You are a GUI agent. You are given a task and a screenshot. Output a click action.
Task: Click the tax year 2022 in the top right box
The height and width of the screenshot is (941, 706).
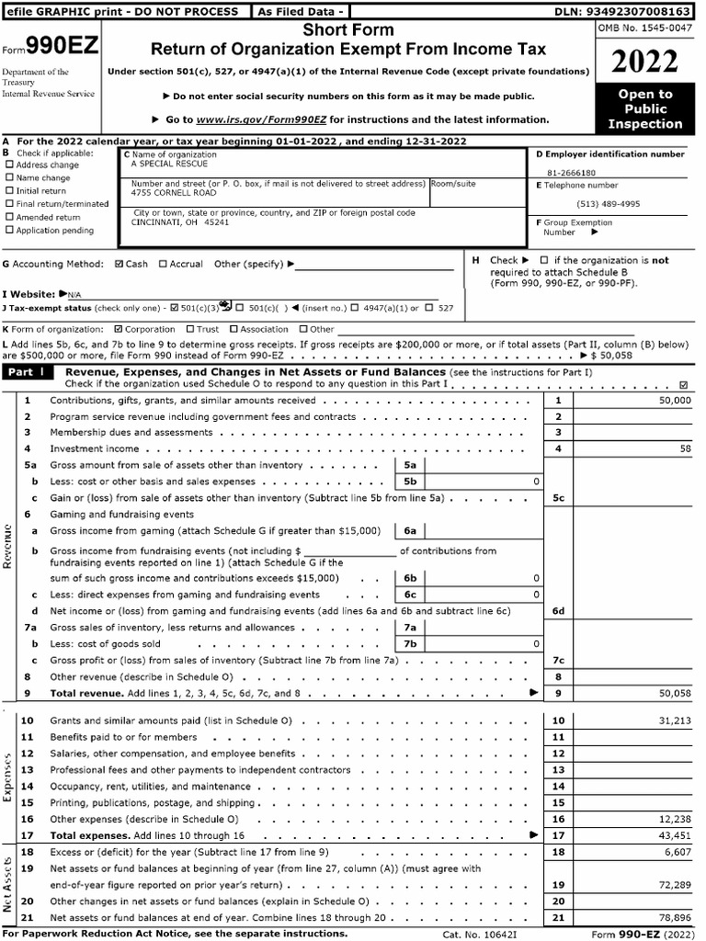(x=645, y=62)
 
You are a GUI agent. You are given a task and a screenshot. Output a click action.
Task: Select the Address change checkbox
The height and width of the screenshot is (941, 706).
(x=10, y=165)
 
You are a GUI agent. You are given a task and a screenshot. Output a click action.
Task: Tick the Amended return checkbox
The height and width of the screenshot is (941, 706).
(x=10, y=217)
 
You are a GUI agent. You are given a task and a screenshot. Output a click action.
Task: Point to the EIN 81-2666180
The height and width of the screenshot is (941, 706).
(x=571, y=172)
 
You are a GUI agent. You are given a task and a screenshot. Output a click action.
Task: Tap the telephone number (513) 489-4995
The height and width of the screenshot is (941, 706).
(x=608, y=204)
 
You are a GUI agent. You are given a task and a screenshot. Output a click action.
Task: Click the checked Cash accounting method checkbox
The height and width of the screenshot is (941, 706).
(x=119, y=265)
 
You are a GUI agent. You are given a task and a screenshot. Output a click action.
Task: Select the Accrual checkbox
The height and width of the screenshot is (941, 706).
(x=163, y=265)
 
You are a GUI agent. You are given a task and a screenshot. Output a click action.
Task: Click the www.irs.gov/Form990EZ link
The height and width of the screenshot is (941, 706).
(x=263, y=119)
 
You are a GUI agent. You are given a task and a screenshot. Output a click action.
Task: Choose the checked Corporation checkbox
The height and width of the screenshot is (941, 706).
(x=117, y=329)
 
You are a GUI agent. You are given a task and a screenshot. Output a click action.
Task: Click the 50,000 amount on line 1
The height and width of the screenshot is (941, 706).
(x=675, y=401)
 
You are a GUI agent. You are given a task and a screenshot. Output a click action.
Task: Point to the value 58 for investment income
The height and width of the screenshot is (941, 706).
(x=685, y=448)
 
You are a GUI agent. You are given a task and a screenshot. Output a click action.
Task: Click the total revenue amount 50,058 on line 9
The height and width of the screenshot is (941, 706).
(x=675, y=693)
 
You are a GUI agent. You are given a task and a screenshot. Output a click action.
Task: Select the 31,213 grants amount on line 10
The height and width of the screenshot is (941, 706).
(x=675, y=721)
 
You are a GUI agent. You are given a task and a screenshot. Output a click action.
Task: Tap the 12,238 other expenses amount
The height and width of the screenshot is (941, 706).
(x=675, y=819)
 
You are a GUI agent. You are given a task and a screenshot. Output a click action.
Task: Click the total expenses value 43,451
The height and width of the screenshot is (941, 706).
(x=675, y=835)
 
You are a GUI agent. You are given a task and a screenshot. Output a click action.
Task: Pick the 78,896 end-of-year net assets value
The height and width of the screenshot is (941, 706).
(x=675, y=918)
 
